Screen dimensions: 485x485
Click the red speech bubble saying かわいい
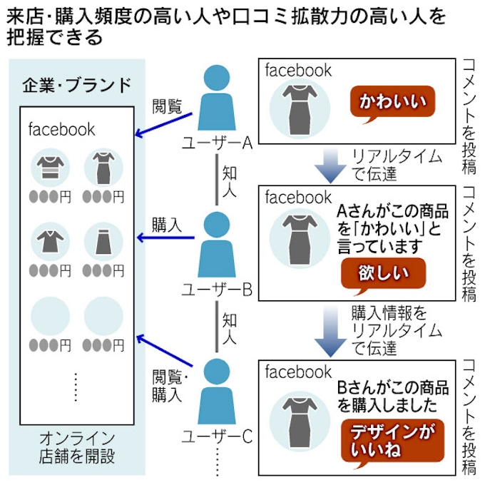[x=392, y=101]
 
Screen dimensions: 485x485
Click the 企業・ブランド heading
[x=74, y=86]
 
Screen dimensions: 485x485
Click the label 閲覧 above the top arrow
[x=167, y=107]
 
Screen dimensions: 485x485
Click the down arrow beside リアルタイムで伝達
[x=330, y=166]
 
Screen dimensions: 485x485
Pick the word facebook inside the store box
[x=61, y=130]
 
